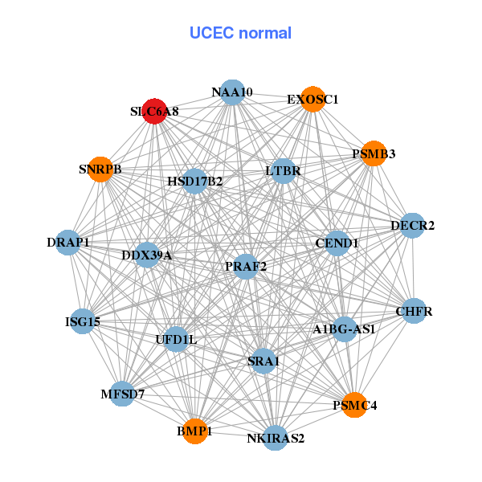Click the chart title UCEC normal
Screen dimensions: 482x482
point(240,33)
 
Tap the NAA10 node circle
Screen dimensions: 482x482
point(231,92)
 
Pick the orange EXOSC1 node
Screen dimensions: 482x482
point(312,100)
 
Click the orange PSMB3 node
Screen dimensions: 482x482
point(374,153)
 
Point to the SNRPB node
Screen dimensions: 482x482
point(100,170)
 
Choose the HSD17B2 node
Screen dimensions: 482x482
point(194,182)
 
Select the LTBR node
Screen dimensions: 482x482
point(283,171)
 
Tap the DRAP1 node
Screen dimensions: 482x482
point(68,242)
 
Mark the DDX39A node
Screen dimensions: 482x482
point(147,255)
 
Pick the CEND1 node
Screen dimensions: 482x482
point(336,243)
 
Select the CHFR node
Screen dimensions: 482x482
point(413,311)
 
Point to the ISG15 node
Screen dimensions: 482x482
point(83,322)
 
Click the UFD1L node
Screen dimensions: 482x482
point(176,339)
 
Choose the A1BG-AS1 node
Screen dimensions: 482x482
point(344,329)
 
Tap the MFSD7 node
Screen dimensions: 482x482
point(123,394)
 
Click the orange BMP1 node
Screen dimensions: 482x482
point(194,431)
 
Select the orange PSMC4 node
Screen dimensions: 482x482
point(354,406)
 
